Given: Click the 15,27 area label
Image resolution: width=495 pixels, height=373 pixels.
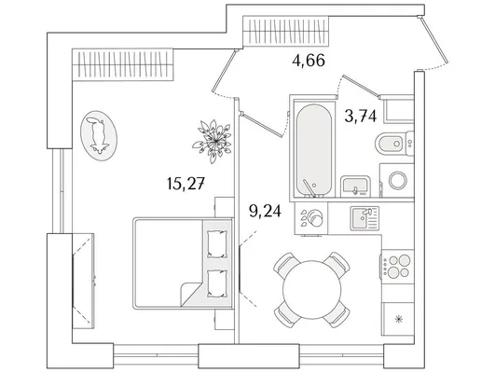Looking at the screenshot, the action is point(186,184).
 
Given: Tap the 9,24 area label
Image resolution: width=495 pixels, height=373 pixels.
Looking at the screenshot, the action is point(265,211).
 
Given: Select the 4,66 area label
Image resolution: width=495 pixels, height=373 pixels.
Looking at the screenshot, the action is point(309,60).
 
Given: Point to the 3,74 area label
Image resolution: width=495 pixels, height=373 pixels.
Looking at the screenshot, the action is point(361,116).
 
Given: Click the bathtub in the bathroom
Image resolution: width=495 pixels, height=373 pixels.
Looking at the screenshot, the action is point(314,149).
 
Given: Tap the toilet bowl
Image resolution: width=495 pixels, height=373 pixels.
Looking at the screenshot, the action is point(394,144).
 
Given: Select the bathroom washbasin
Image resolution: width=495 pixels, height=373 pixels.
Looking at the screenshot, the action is point(355,186).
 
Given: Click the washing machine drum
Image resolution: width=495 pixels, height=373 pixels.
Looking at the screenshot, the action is point(398,180).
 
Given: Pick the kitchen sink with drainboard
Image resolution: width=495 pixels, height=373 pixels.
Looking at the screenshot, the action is point(364,218).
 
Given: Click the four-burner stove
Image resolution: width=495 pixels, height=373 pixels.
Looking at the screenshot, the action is point(397,266).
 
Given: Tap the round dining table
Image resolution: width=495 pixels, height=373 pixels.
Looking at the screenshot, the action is point(312,290).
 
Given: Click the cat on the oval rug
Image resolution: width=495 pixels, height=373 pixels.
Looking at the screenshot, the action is point(99,135).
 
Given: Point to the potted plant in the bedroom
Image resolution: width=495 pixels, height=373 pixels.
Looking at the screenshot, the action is point(213,142).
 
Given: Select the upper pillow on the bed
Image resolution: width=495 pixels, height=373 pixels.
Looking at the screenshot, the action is point(217,243).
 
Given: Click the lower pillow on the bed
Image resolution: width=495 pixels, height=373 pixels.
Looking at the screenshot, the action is point(217,283).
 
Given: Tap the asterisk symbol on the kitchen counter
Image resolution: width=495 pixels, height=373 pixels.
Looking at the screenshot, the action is point(399,319).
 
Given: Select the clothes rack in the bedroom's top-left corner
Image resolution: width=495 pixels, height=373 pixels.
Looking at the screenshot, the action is point(123,64).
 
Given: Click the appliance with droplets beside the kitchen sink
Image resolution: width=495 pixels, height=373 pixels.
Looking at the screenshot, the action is point(311,218).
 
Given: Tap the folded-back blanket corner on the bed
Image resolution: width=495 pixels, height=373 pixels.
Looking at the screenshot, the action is point(190,293).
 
